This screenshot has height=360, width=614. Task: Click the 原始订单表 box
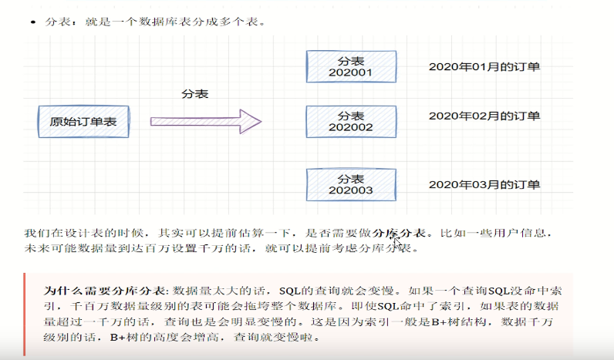point(84,122)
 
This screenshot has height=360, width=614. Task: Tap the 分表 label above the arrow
point(195,93)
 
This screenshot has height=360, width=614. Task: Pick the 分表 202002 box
point(351,121)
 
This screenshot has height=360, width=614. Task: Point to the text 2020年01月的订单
point(484,67)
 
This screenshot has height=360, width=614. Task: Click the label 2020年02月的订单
point(484,116)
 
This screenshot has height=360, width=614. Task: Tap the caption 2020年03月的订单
point(484,184)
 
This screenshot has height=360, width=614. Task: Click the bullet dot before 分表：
point(32,22)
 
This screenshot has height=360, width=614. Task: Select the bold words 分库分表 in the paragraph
point(399,232)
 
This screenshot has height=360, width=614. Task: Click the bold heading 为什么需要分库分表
point(103,291)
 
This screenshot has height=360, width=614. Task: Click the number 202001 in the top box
point(351,73)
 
